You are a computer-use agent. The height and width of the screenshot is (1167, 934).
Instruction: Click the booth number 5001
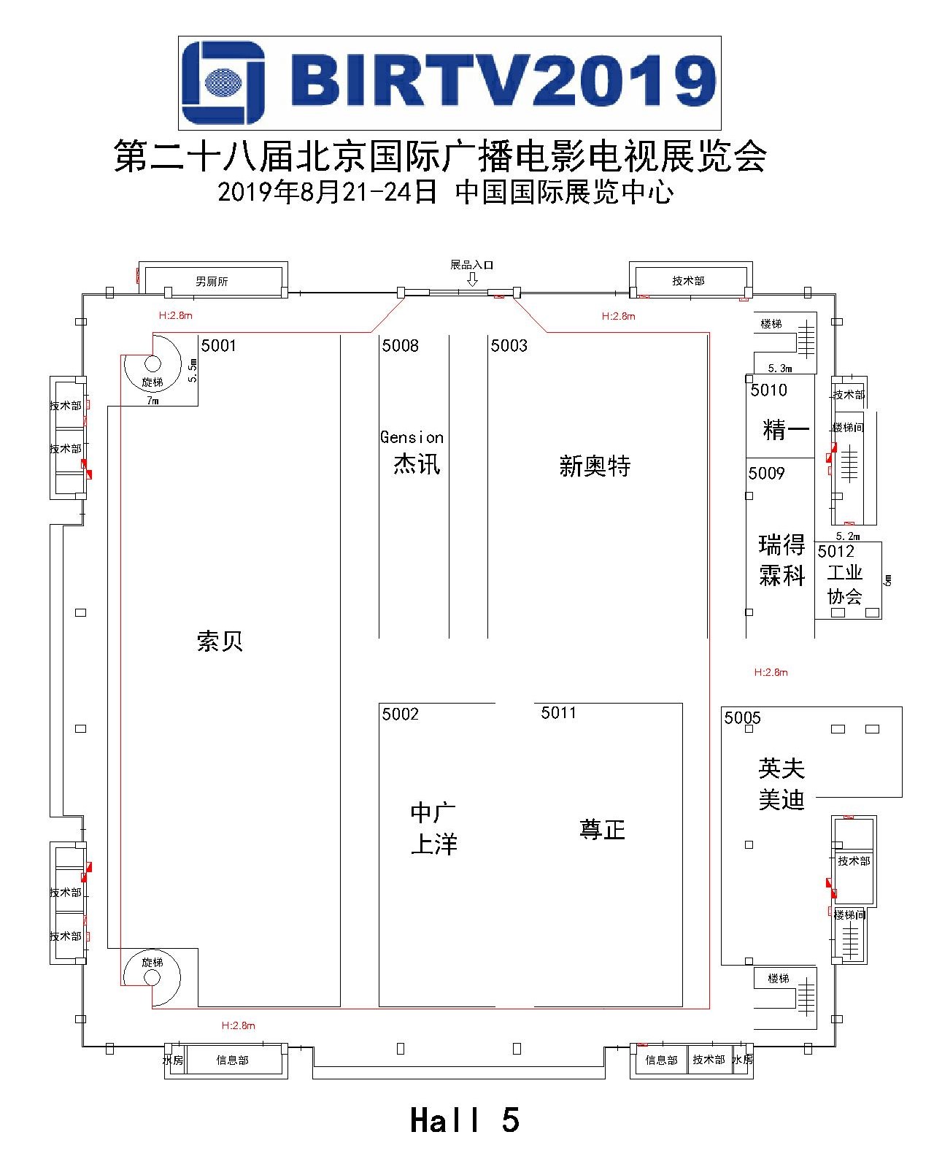point(219,346)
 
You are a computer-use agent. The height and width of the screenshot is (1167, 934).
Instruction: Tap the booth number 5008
point(401,346)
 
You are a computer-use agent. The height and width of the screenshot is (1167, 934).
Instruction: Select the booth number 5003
point(509,346)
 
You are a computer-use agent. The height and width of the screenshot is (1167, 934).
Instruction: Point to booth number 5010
point(768,390)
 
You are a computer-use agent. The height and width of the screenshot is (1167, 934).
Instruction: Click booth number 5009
point(766,474)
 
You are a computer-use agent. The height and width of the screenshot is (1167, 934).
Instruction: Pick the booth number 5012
point(835,552)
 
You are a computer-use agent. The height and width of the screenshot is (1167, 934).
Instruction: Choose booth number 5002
point(401,715)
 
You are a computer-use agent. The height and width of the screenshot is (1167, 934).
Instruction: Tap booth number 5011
point(559,712)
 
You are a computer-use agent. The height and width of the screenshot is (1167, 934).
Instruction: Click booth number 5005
point(743,718)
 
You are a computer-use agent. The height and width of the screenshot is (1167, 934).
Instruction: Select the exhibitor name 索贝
point(220,641)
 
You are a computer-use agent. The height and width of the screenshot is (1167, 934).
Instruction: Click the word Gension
point(412,437)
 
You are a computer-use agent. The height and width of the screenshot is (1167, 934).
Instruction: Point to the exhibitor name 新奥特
point(595,466)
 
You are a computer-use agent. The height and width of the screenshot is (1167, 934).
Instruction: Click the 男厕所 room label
point(212,282)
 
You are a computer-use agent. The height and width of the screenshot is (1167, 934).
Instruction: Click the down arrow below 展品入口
point(472,280)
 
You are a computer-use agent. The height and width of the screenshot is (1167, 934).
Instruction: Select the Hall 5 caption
point(465,1120)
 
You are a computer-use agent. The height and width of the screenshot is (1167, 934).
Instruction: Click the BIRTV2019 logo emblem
point(223,82)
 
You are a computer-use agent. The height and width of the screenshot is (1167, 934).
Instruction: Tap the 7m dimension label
point(153,401)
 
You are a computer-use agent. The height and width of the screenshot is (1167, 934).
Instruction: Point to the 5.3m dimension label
point(780,369)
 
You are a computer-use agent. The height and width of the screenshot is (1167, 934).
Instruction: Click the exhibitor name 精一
point(786,429)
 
